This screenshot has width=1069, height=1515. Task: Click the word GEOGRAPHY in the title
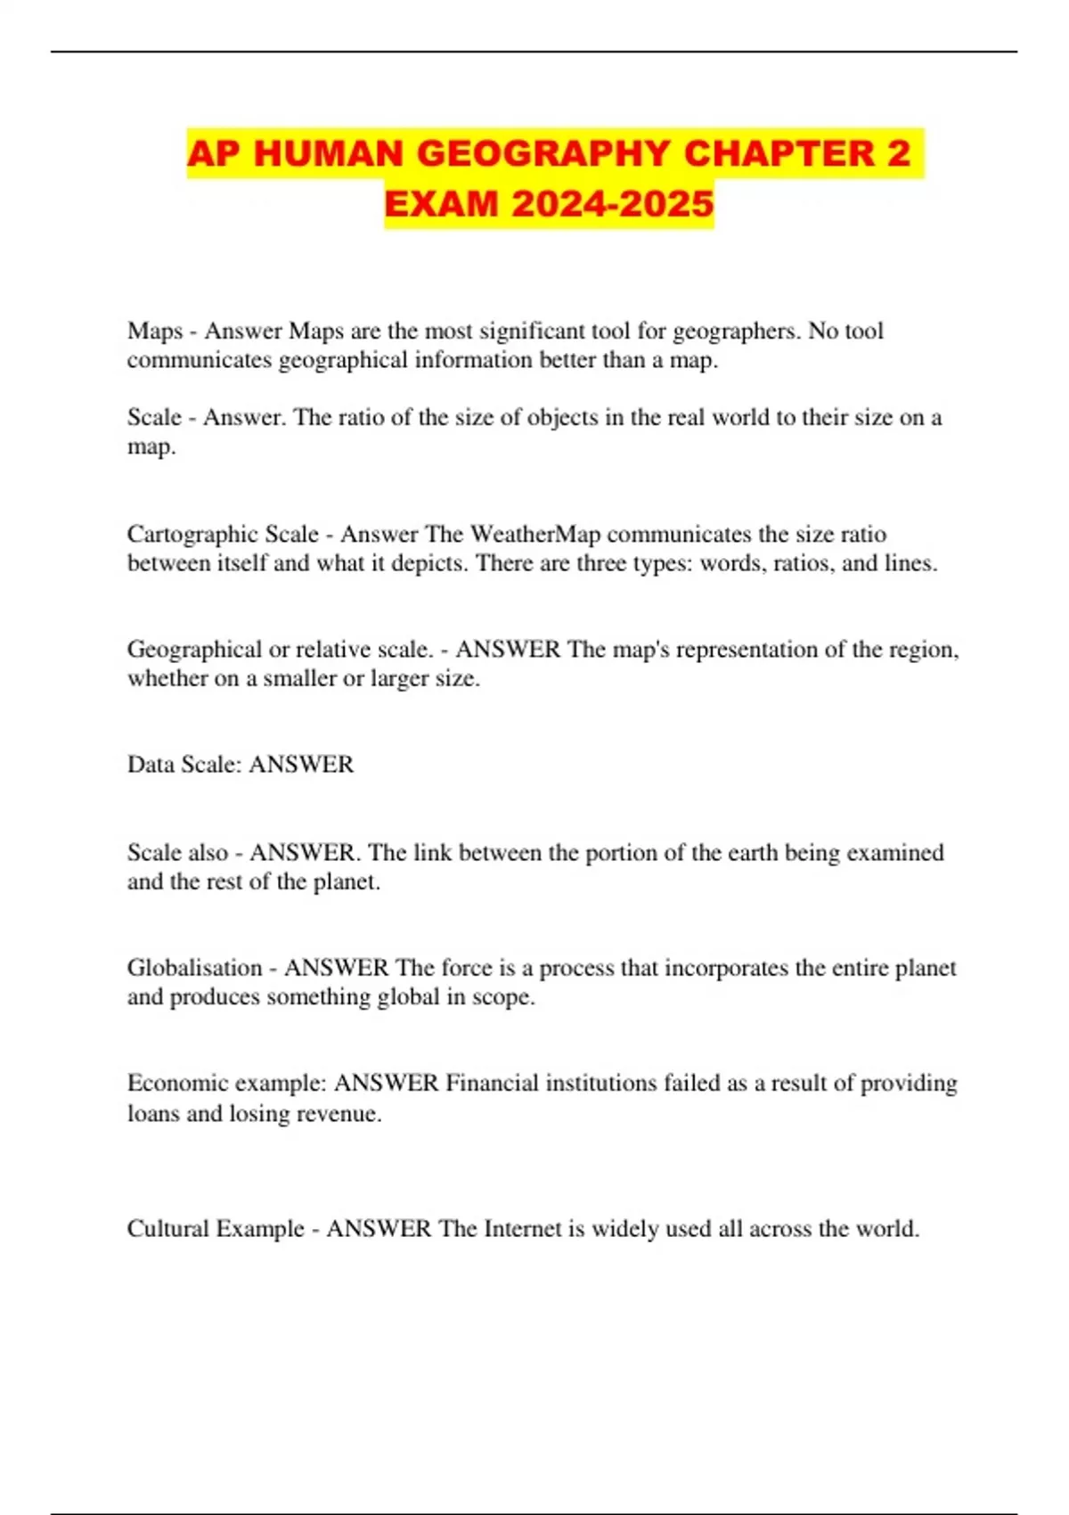543,153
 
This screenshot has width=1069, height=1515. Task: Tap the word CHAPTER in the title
779,153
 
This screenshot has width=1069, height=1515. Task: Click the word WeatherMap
534,534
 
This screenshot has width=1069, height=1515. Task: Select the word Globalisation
194,968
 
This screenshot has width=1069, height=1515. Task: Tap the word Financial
492,1084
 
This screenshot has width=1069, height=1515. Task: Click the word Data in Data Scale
151,765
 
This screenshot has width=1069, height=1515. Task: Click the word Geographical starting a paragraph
194,650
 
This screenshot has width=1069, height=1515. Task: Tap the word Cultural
170,1229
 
